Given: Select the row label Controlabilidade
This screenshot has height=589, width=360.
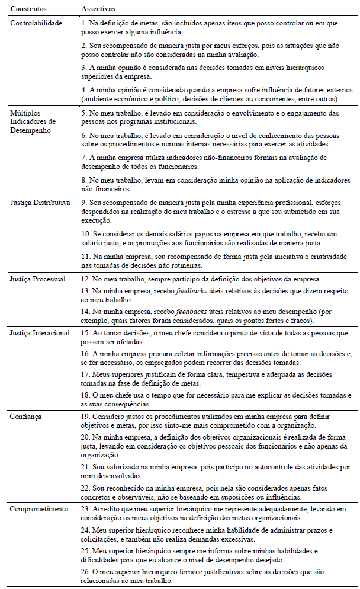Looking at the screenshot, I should (37, 23).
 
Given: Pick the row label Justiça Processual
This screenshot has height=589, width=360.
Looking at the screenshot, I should (38, 279).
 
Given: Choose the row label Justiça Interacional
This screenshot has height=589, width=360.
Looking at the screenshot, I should (40, 333).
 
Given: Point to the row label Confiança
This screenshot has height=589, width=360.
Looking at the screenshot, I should (27, 417).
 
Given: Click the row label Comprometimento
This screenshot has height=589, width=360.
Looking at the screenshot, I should (38, 509).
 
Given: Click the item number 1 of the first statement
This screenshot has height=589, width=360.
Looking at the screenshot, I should (84, 23).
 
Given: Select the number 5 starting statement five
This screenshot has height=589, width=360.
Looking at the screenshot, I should (84, 113).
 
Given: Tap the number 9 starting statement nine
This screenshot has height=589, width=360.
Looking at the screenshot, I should (84, 203).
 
